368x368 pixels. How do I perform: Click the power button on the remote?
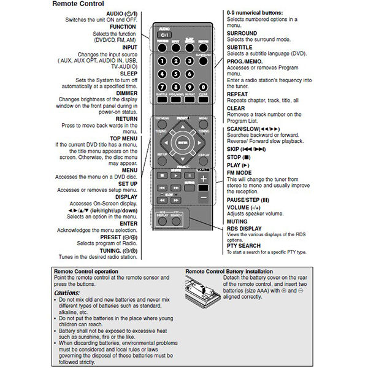(164, 35)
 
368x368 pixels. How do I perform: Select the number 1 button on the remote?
(162, 61)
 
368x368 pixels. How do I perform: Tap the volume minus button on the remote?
(203, 197)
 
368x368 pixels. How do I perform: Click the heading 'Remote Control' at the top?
(78, 4)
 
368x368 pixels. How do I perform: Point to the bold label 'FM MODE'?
(240, 173)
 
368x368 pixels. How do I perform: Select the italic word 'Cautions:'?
(67, 293)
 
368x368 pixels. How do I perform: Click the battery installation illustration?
(202, 288)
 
